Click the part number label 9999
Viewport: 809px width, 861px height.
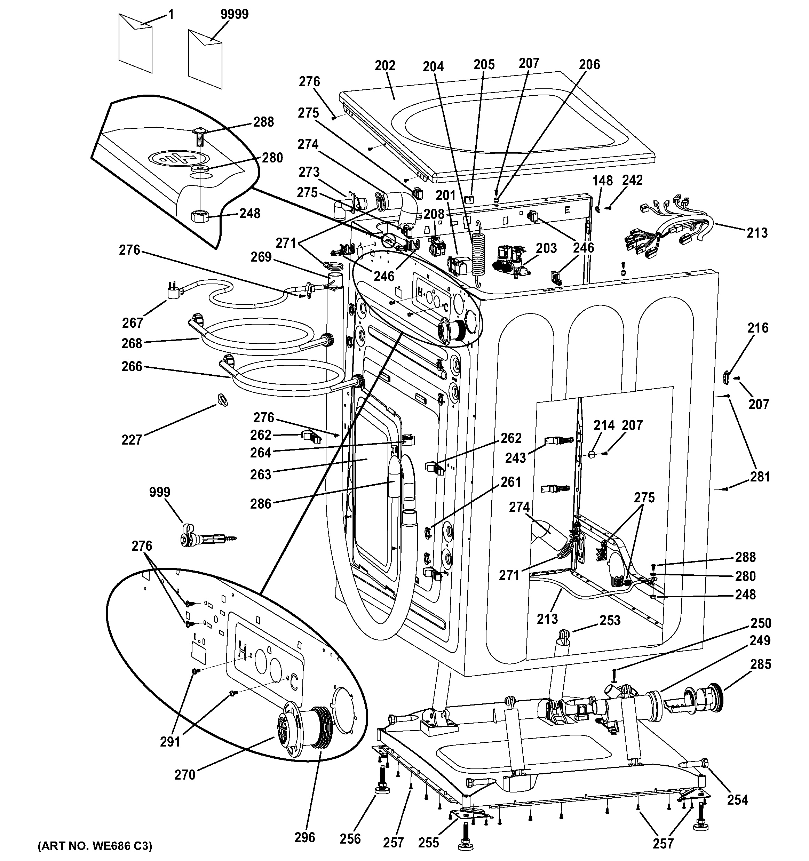pos(234,14)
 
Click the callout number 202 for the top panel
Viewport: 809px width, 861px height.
pos(385,65)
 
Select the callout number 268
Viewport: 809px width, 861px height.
pos(132,343)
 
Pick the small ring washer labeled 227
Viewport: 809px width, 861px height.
pos(222,398)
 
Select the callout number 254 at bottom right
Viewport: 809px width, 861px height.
pos(738,799)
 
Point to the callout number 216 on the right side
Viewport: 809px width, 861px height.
pos(758,327)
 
